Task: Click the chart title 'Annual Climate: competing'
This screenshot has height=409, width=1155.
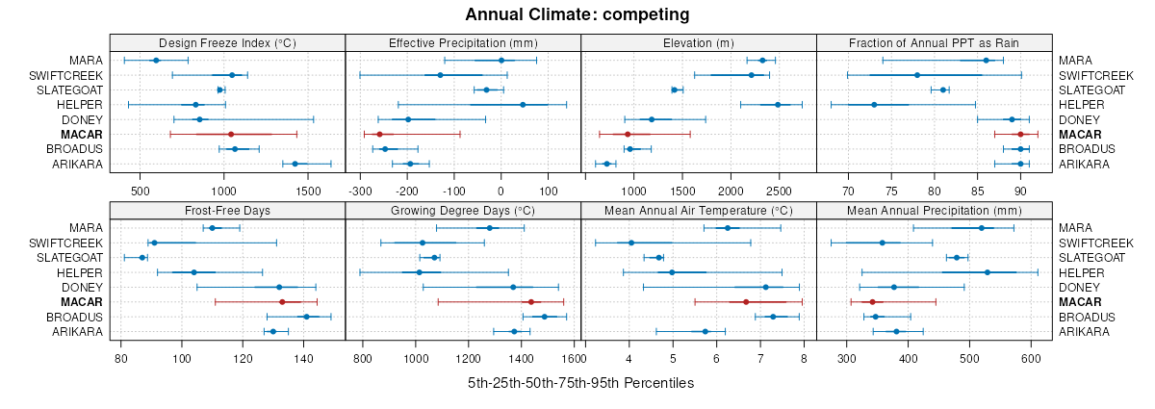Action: coord(577,14)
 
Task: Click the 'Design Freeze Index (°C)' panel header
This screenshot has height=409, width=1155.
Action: coord(227,42)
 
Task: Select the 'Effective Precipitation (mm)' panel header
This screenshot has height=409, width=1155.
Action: coord(463,42)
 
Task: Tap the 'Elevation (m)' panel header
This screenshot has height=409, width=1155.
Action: coord(699,42)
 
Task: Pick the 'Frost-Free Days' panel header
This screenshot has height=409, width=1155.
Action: coord(227,210)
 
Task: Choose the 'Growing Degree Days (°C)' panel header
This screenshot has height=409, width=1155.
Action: coord(463,210)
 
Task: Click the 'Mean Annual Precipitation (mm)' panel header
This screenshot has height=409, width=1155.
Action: coord(934,210)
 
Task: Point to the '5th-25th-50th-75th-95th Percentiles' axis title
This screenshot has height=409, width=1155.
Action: coord(580,383)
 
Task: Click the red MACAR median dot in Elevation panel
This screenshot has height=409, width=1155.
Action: coord(628,135)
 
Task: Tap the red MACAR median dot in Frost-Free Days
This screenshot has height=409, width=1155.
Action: coord(282,302)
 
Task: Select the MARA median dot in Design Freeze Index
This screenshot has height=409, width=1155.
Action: coord(156,61)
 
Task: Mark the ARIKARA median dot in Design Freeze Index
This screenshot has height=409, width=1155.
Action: coord(295,164)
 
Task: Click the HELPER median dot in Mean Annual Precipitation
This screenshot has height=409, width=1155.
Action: coord(988,272)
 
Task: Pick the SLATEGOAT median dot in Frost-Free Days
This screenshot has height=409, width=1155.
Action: coord(142,258)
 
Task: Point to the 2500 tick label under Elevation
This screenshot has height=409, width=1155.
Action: coord(780,192)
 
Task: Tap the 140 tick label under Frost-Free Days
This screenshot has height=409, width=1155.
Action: coord(303,359)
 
